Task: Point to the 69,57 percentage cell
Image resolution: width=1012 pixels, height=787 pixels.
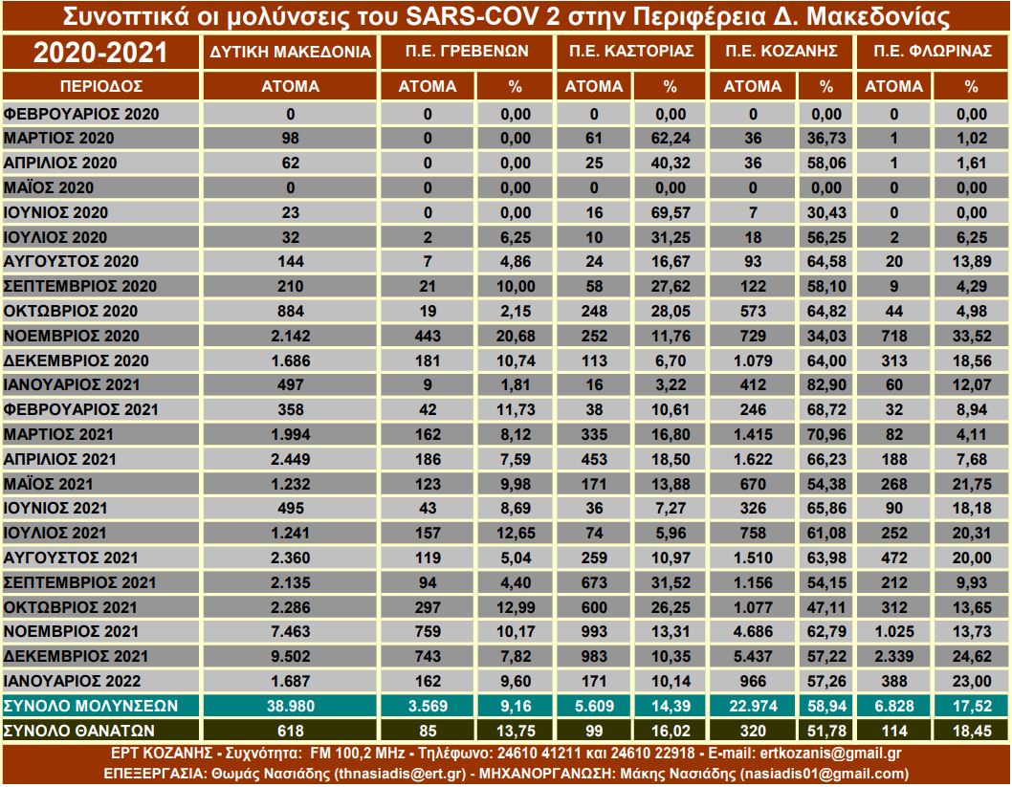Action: point(670,211)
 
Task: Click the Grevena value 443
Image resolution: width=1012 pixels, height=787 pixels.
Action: point(428,336)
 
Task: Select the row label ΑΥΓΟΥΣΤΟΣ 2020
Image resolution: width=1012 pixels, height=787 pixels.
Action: point(73,261)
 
